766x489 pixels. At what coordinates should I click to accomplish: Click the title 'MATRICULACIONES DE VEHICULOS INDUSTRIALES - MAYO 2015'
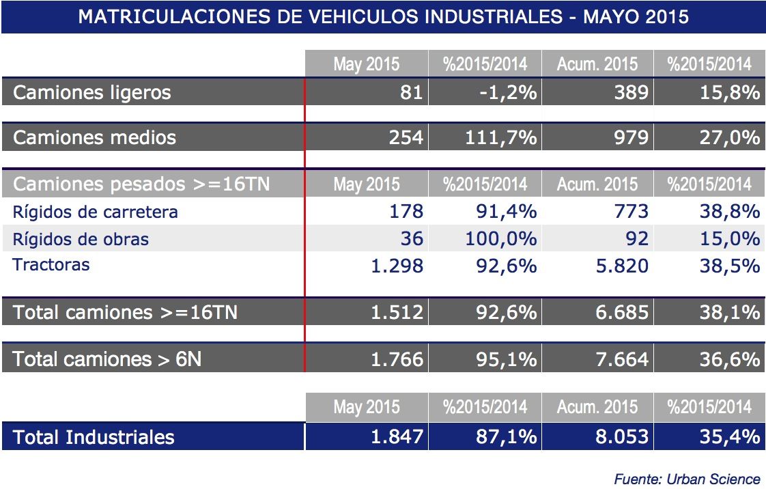tap(383, 16)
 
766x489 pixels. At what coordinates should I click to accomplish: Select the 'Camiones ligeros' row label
tap(91, 92)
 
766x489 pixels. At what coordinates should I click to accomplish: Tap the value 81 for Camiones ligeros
tap(411, 92)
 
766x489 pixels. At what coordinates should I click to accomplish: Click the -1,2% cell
tap(506, 92)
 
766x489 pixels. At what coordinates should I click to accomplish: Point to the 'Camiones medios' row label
tap(94, 138)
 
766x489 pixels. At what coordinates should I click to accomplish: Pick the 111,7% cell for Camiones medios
tap(501, 138)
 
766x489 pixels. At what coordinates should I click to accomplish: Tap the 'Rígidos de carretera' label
tap(95, 212)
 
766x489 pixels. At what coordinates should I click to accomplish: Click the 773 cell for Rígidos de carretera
tap(629, 212)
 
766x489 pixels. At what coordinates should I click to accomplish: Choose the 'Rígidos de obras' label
tap(81, 238)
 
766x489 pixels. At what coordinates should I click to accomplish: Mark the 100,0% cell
tap(501, 238)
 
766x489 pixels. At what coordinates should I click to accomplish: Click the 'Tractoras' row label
tap(51, 264)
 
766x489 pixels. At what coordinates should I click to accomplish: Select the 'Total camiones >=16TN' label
tap(125, 313)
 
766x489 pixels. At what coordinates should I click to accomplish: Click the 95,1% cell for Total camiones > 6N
tap(506, 359)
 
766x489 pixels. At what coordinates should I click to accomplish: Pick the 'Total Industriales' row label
tap(94, 437)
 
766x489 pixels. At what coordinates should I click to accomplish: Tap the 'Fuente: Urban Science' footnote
tap(687, 479)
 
